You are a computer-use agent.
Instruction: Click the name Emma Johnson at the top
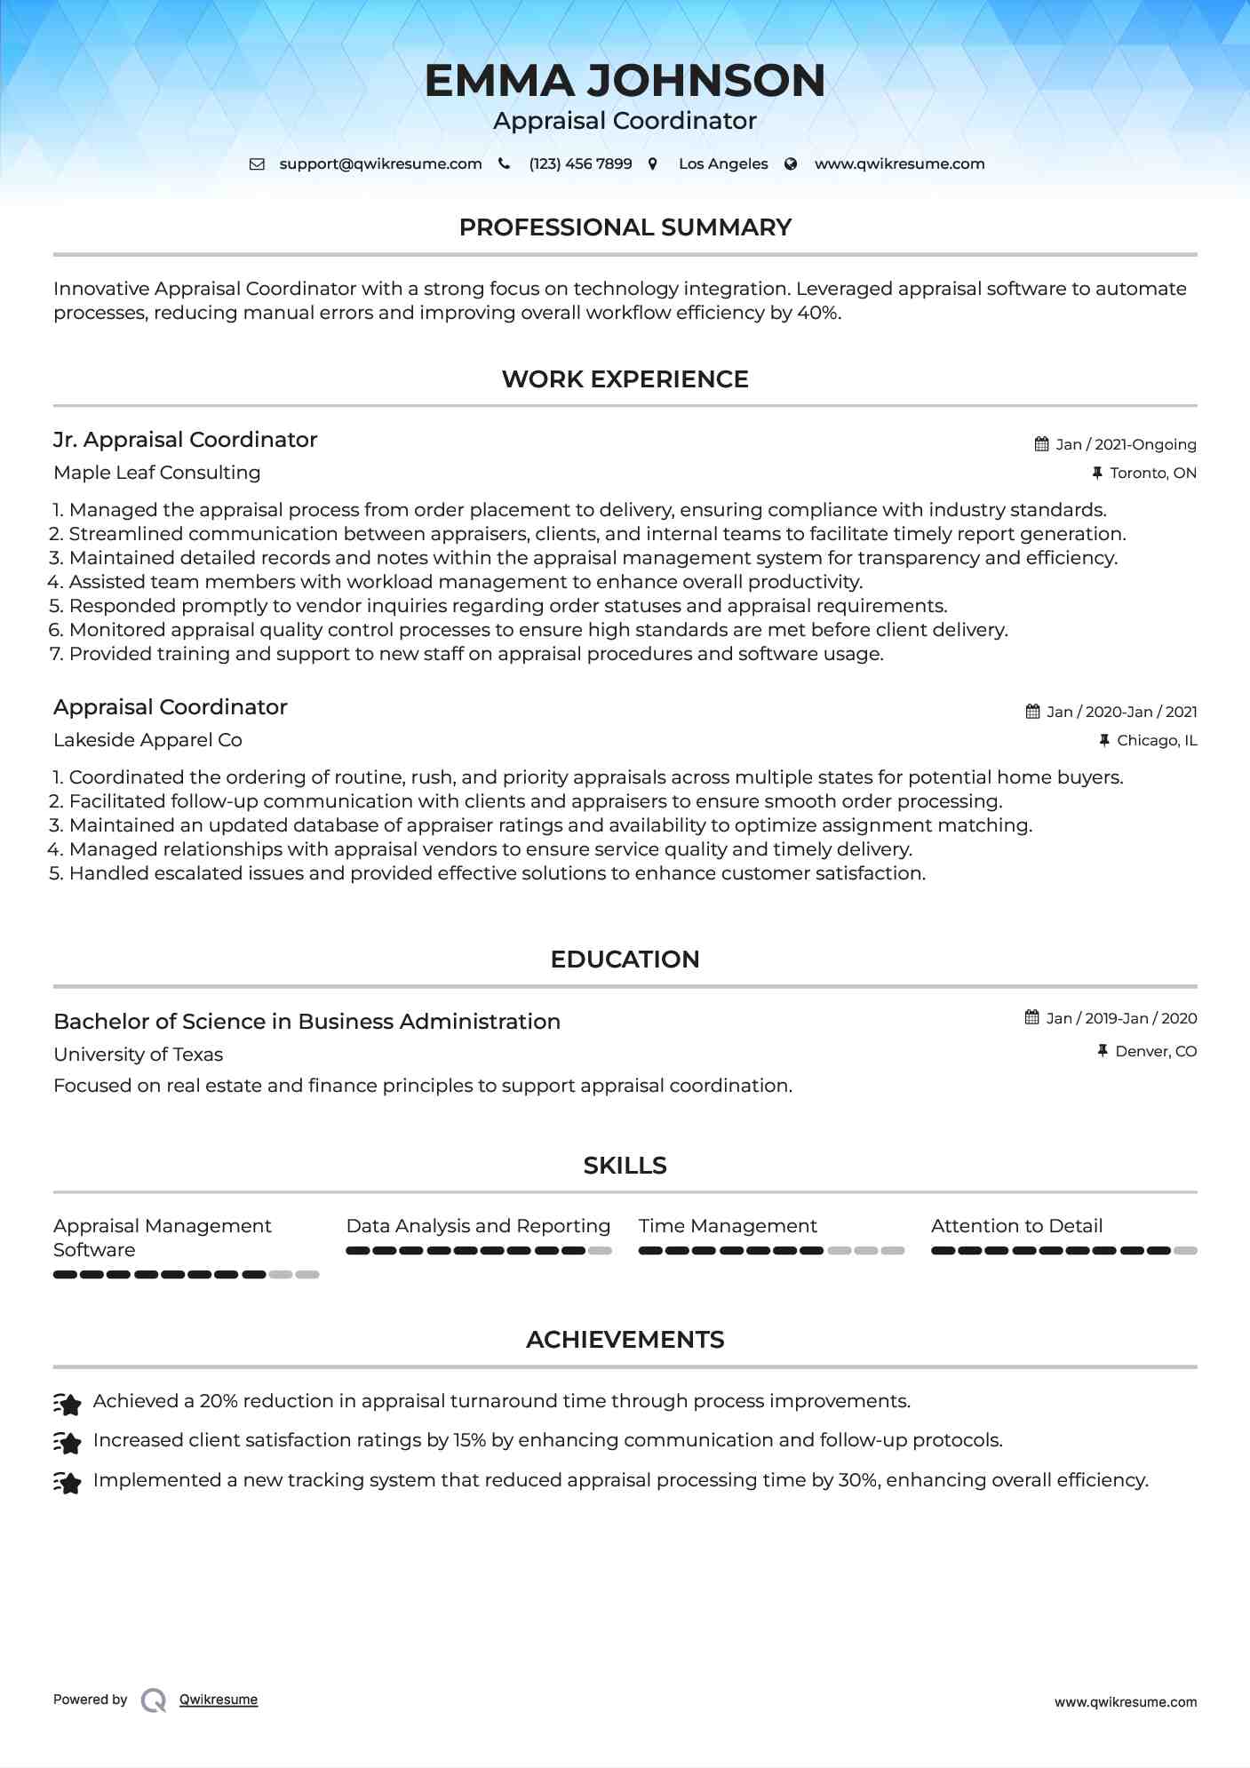tap(625, 81)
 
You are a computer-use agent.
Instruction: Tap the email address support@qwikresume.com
tap(380, 164)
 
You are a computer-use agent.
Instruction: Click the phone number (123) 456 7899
tap(580, 164)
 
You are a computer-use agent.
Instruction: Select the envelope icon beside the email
tap(257, 164)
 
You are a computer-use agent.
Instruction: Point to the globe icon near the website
tap(791, 164)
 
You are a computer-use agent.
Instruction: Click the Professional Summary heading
tap(625, 227)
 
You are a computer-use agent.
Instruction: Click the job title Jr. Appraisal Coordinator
tap(185, 440)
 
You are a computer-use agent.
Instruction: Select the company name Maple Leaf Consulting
tap(156, 473)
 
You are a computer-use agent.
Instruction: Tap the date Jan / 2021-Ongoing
tap(1125, 444)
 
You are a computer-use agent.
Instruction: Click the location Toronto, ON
tap(1152, 473)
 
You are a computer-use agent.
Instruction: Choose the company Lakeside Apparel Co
tap(147, 740)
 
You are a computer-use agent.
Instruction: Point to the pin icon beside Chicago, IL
tap(1104, 740)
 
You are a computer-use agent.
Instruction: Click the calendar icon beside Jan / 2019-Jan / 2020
tap(1031, 1017)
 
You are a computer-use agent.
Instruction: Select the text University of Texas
tap(138, 1055)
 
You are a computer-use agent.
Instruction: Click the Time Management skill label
tap(727, 1226)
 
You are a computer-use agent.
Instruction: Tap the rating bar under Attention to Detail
tap(1063, 1250)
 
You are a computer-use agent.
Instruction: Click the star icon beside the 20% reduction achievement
tap(68, 1404)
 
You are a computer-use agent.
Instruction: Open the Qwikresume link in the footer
tap(218, 1700)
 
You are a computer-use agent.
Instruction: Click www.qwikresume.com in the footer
tap(1125, 1702)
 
